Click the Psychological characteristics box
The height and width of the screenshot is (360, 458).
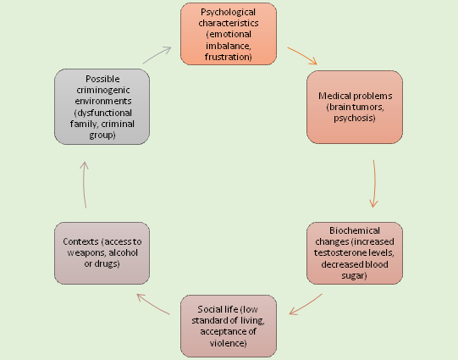(x=229, y=34)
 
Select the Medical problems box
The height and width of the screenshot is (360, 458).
(x=355, y=107)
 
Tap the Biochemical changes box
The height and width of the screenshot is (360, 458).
(x=355, y=253)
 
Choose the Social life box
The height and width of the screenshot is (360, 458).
(x=229, y=326)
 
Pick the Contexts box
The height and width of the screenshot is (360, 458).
(x=102, y=253)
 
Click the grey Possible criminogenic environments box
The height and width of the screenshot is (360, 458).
(x=102, y=107)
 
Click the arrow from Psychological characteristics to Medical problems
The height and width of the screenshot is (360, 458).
(x=302, y=55)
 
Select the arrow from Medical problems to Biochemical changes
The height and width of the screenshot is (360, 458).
(x=374, y=184)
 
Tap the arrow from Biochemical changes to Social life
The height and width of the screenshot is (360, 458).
(x=306, y=305)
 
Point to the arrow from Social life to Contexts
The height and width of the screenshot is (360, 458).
(x=152, y=304)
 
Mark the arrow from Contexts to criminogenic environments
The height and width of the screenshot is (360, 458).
(x=84, y=184)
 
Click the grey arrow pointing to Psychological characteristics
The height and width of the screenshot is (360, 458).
(x=157, y=54)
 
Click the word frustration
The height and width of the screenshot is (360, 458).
(x=227, y=57)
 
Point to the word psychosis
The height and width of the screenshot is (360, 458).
(x=353, y=118)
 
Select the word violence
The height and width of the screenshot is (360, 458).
(x=227, y=343)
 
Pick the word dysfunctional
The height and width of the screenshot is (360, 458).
(x=105, y=114)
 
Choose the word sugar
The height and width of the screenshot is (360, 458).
(x=353, y=275)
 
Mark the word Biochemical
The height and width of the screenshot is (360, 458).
(x=355, y=230)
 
